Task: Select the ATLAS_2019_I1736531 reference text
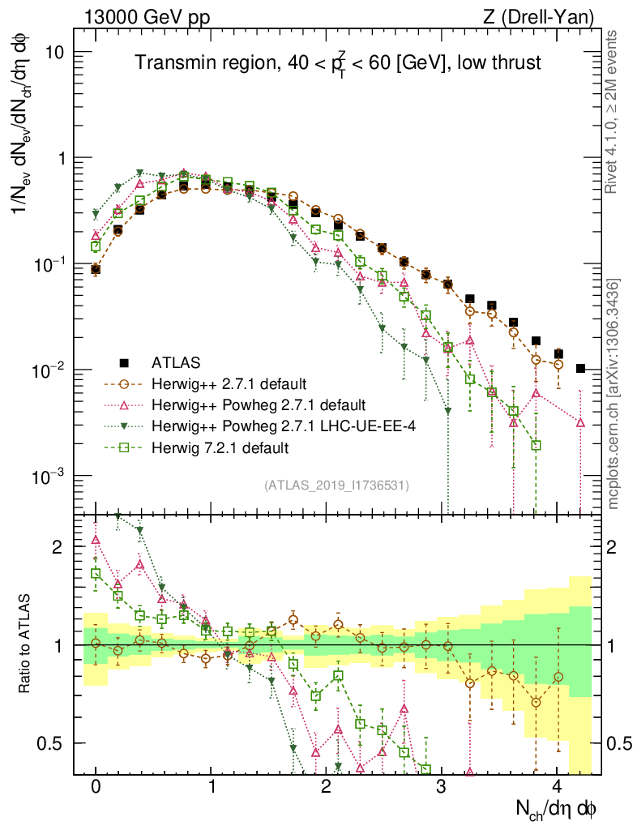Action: click(x=336, y=486)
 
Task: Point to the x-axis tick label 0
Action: click(x=96, y=787)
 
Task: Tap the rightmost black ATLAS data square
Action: click(x=580, y=369)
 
